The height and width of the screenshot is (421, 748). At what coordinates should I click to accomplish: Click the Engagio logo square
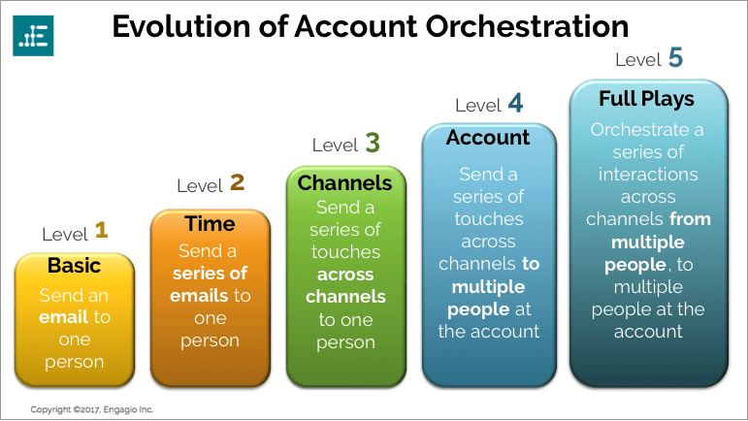(x=33, y=36)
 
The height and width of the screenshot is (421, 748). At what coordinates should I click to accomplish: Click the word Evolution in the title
(x=181, y=27)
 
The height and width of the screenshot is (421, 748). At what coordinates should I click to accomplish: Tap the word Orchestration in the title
(x=527, y=27)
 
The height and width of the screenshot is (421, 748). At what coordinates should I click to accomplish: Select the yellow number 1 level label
(x=101, y=230)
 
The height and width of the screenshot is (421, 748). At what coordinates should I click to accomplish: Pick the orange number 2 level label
(x=237, y=182)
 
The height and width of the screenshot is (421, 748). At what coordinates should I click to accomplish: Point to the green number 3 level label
(x=373, y=143)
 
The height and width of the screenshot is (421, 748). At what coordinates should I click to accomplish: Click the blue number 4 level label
(x=515, y=103)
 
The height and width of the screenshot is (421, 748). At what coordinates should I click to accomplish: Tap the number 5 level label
(x=675, y=57)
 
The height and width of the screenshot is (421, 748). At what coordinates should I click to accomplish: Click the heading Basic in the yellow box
(x=74, y=266)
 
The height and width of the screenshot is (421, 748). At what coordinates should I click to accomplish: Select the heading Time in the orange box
(x=210, y=224)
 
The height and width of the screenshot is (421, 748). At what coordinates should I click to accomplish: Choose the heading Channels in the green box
(x=345, y=183)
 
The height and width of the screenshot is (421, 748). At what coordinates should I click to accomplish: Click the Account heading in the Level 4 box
(x=488, y=138)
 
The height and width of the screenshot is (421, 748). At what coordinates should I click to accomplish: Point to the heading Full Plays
(x=646, y=99)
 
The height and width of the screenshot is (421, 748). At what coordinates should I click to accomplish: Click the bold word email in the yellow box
(x=64, y=317)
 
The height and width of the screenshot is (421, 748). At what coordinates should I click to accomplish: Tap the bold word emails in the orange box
(x=199, y=296)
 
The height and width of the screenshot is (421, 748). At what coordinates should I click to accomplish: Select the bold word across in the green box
(x=345, y=275)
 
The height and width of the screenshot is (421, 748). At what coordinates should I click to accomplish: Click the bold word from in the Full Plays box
(x=691, y=219)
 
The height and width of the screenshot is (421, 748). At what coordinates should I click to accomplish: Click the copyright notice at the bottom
(x=92, y=409)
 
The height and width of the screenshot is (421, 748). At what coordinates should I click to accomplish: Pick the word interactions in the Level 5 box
(x=648, y=175)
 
